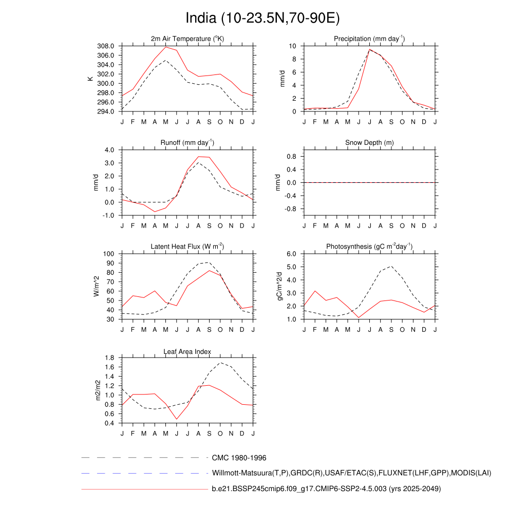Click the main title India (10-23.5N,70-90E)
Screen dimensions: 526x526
(x=262, y=18)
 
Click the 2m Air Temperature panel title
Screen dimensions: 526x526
(x=187, y=39)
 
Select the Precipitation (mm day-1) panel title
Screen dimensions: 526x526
(x=369, y=39)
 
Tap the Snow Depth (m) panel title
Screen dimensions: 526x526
(x=369, y=142)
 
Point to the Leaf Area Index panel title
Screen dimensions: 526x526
(x=187, y=352)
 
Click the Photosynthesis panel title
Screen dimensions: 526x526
(x=369, y=247)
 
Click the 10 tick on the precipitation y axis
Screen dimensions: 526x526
(x=292, y=46)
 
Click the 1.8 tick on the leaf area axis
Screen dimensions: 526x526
(x=109, y=358)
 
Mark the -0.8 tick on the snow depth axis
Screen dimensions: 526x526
(x=291, y=209)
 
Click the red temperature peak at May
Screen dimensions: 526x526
(x=166, y=47)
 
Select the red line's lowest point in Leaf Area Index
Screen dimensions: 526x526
(x=177, y=419)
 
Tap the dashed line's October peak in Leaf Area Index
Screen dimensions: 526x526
(x=220, y=363)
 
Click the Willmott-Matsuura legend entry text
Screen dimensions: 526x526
(x=352, y=473)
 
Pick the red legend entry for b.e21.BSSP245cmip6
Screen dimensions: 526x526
(x=326, y=489)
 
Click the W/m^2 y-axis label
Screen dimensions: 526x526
(x=96, y=286)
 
